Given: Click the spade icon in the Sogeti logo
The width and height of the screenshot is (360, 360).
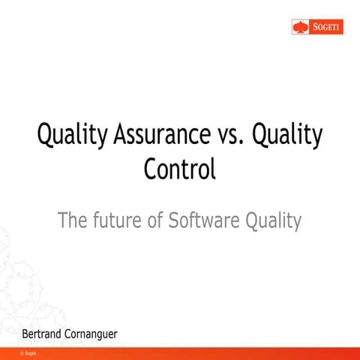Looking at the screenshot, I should coord(300,28).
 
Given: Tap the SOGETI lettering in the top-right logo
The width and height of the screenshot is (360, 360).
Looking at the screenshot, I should coord(321,28).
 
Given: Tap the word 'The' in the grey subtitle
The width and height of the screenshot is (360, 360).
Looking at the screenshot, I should coord(73,220).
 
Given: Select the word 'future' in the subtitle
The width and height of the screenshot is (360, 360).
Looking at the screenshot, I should coord(118,220).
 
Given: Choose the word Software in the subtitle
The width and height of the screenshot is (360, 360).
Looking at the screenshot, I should coord(202,220).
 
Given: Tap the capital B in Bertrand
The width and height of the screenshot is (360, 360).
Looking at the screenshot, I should coord(25,331).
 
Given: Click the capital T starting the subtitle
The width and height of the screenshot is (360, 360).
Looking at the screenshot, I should coord(63,220).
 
